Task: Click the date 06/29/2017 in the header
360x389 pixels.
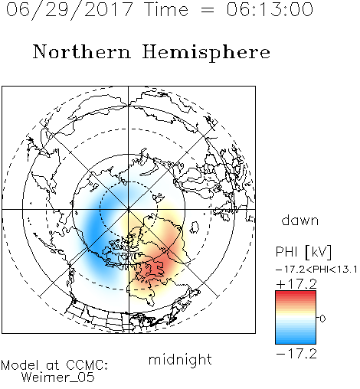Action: (70, 10)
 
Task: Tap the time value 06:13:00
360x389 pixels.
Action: (270, 9)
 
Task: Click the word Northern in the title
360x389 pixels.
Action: (82, 51)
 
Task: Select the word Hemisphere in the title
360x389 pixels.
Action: (206, 53)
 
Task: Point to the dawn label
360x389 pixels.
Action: (300, 220)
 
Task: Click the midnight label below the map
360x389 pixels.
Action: (180, 360)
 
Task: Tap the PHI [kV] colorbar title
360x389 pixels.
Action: (303, 252)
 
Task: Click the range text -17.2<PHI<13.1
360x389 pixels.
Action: (316, 270)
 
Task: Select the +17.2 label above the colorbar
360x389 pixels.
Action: (296, 284)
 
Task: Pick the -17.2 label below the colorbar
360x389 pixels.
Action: (296, 354)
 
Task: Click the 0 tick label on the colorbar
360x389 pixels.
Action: (322, 319)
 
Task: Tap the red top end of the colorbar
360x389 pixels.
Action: (296, 293)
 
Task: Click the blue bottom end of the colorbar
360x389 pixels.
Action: (296, 341)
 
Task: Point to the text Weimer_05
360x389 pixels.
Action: (58, 378)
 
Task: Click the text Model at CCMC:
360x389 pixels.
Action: (54, 365)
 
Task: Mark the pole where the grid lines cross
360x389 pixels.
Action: (129, 209)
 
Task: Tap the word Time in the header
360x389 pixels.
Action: (166, 9)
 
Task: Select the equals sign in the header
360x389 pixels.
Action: (207, 10)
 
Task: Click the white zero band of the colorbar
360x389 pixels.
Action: (296, 319)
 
